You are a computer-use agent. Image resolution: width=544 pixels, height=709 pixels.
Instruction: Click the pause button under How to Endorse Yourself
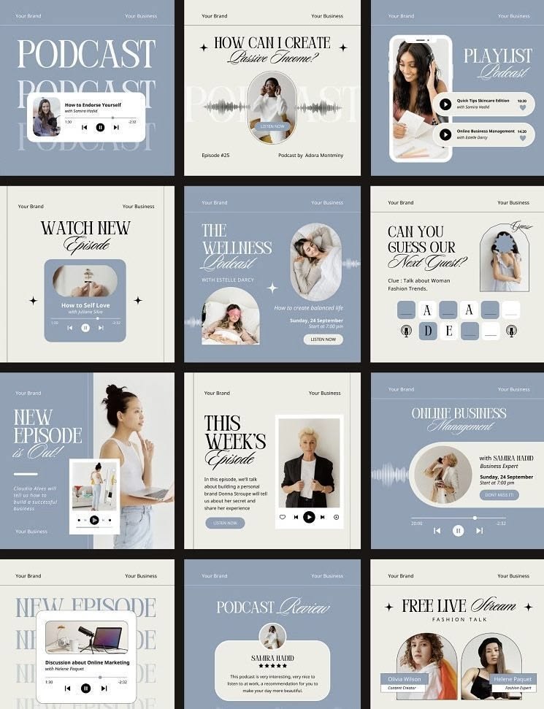pyautogui.click(x=100, y=127)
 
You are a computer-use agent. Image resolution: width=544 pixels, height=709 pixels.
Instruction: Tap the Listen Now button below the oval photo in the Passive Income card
pyautogui.click(x=272, y=126)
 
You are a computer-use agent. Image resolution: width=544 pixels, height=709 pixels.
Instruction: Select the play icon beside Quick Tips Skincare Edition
pyautogui.click(x=445, y=104)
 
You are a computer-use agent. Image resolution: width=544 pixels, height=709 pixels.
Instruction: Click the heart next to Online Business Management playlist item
pyautogui.click(x=522, y=137)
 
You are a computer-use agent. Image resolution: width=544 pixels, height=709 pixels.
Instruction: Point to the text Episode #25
pyautogui.click(x=215, y=156)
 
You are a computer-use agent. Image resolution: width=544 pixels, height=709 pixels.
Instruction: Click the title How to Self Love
pyautogui.click(x=85, y=305)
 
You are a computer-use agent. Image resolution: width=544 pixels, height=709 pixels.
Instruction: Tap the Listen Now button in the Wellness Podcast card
pyautogui.click(x=323, y=340)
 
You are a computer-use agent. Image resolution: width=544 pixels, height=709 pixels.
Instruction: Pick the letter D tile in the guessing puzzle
pyautogui.click(x=428, y=331)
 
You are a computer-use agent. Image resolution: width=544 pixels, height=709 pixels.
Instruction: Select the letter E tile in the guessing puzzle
pyautogui.click(x=449, y=331)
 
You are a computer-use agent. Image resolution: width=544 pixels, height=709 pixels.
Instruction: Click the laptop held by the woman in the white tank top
pyautogui.click(x=156, y=493)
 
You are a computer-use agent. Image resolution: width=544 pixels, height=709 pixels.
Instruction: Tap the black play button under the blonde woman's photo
pyautogui.click(x=309, y=517)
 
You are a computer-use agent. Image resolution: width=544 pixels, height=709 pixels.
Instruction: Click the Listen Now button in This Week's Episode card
pyautogui.click(x=225, y=523)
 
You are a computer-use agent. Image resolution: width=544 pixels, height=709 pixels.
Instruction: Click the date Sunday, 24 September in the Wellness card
pyautogui.click(x=316, y=321)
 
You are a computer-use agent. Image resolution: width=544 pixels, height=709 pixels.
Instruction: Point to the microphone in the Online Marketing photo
pyautogui.click(x=85, y=632)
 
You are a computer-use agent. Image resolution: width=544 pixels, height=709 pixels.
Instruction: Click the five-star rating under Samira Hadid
pyautogui.click(x=272, y=666)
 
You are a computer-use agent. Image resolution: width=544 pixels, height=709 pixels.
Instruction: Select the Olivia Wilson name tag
pyautogui.click(x=404, y=679)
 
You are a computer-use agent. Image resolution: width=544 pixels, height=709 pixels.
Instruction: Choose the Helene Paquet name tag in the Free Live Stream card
pyautogui.click(x=513, y=679)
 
